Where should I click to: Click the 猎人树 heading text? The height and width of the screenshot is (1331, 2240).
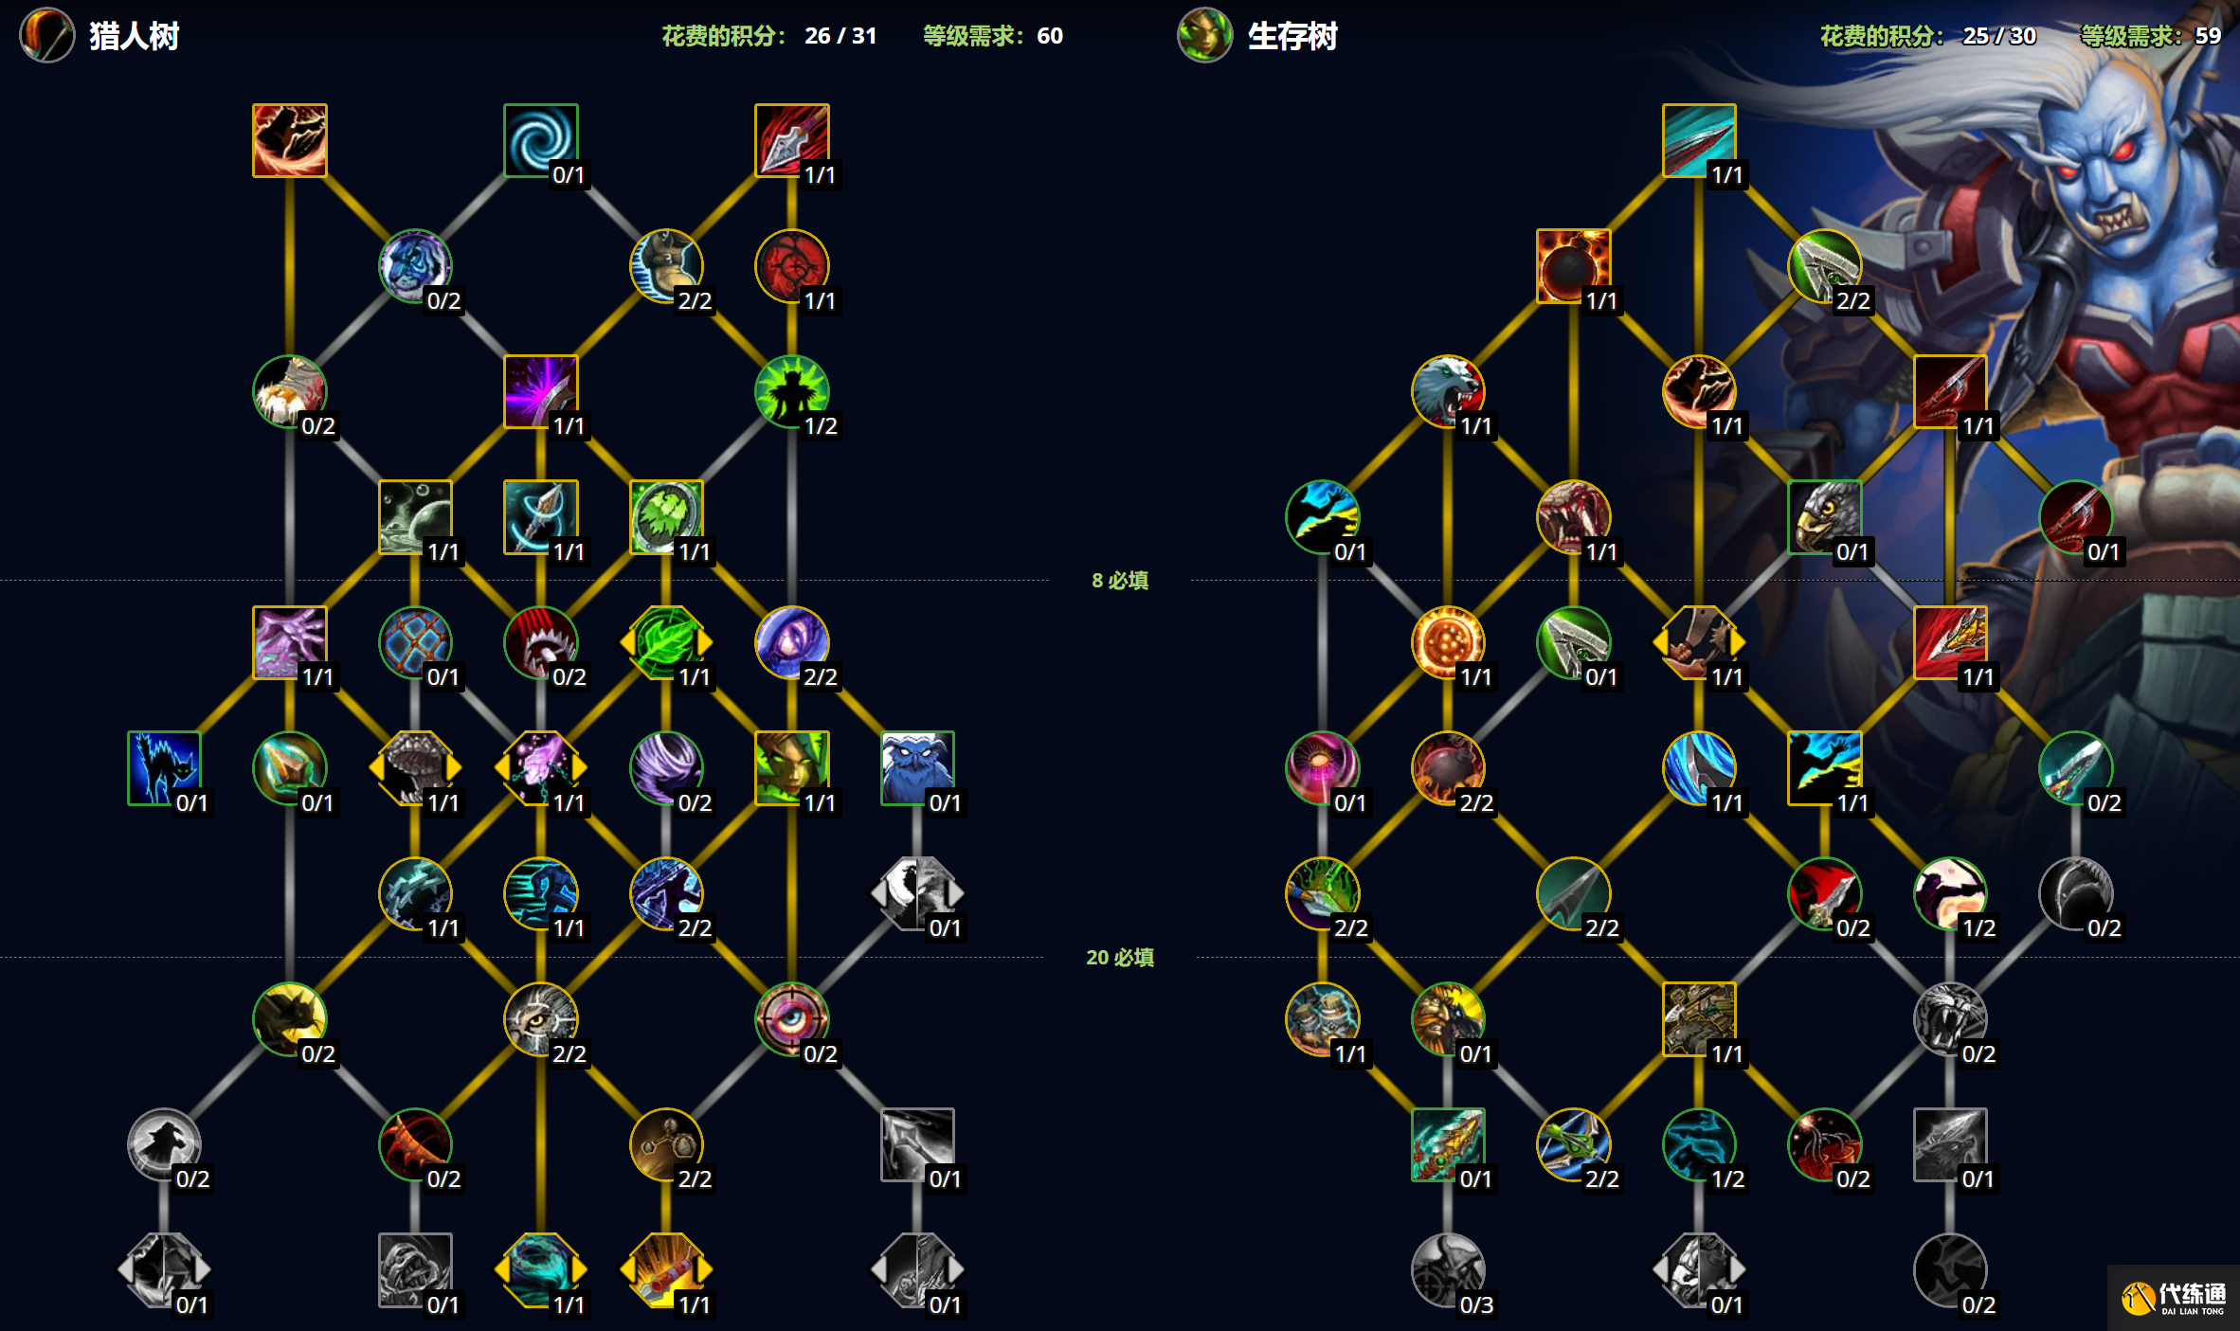point(135,36)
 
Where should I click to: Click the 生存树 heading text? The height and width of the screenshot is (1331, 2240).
point(1292,36)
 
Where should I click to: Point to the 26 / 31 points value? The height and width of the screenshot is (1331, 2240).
point(840,36)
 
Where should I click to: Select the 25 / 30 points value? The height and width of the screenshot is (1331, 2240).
point(1999,36)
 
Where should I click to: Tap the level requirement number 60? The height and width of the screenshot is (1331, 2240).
point(1050,36)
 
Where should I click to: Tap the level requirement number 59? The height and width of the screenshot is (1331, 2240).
point(2208,36)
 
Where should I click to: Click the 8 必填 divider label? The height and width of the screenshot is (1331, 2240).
point(1120,580)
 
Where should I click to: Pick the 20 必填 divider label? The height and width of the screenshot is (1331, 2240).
point(1120,957)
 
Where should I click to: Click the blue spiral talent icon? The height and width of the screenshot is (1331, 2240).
point(541,140)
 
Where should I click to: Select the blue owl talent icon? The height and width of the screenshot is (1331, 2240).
point(917,767)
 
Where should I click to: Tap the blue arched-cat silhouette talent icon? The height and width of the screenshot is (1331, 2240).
point(164,767)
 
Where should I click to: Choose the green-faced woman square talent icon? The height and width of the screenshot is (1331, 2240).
point(792,767)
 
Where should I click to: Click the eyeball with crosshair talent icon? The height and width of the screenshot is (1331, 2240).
point(792,1018)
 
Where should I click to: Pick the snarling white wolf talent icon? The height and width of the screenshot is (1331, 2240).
point(1448,391)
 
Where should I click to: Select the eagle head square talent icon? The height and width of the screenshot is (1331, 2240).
point(1825,516)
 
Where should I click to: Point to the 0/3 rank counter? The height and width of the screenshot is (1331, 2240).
point(1476,1304)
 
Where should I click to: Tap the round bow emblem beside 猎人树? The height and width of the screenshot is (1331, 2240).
point(47,36)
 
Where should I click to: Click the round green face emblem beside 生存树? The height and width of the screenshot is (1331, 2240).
point(1205,36)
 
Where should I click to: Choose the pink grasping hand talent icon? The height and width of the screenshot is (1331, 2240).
point(290,642)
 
